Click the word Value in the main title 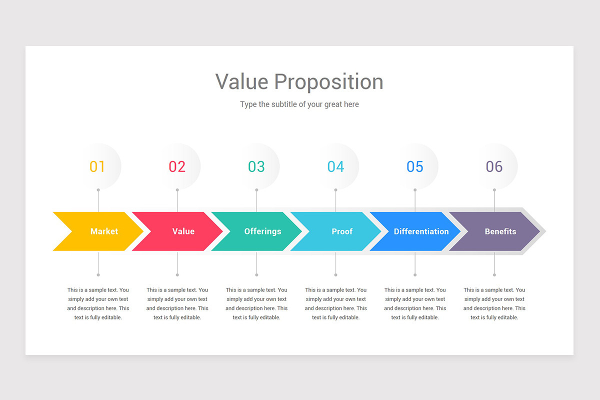tap(242, 81)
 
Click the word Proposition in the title tap(328, 82)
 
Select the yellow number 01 tap(97, 166)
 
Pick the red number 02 tap(177, 166)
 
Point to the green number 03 tap(256, 166)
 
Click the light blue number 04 tap(335, 166)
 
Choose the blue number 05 tap(415, 166)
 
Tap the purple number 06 tap(494, 166)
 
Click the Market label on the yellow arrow tap(104, 231)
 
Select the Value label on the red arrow tap(183, 231)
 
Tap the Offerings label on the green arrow tap(263, 231)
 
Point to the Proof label tap(342, 231)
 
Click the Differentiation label tap(421, 231)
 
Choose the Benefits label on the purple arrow tap(500, 231)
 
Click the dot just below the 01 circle tap(98, 190)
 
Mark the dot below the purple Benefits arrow tap(494, 275)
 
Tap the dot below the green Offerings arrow tap(256, 275)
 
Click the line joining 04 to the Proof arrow tap(335, 201)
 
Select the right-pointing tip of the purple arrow tap(539, 231)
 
